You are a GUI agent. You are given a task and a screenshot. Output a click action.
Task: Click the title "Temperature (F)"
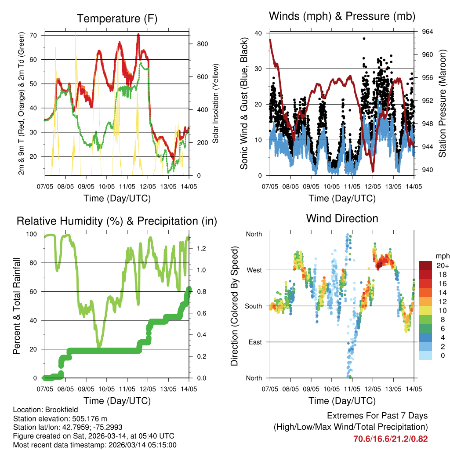(x=117, y=18)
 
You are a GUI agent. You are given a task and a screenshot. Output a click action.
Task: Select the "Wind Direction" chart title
(x=342, y=218)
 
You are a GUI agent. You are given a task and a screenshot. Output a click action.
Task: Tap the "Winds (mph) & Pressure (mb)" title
(x=342, y=16)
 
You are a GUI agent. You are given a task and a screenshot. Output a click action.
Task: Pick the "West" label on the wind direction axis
(x=253, y=270)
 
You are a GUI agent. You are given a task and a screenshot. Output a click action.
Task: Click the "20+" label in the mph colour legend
(x=441, y=265)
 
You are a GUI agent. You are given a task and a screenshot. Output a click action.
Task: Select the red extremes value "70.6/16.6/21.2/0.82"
(x=390, y=439)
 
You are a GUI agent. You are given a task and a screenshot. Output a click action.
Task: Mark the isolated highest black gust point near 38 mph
(x=364, y=39)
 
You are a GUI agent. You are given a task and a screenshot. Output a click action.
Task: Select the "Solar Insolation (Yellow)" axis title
(x=216, y=103)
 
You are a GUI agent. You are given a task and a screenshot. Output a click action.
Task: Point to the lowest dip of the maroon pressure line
(x=373, y=171)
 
